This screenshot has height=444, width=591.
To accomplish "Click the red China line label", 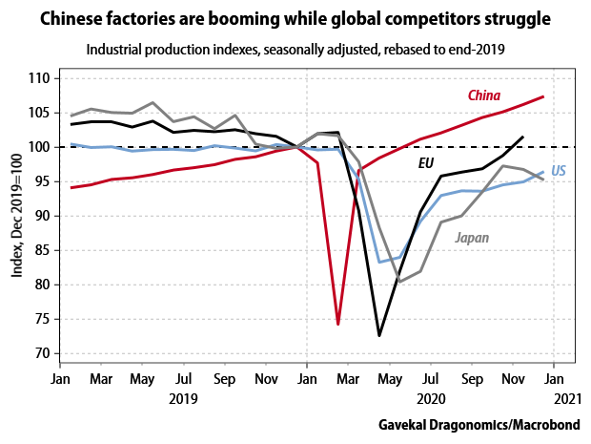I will pos(484,95).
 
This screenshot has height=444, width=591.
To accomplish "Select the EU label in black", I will pos(428,163).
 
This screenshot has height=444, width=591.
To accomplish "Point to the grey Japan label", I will pos(477,238).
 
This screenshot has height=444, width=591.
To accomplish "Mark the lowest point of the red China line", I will pos(338,325).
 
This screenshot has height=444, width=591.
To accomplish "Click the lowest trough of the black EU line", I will pos(379,335).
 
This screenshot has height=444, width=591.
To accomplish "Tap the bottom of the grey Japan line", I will pos(400,282).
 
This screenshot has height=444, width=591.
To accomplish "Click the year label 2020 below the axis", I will pos(431,398).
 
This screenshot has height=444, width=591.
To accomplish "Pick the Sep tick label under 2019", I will pos(224,378).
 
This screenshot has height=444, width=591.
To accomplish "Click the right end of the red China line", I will pos(543,96).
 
